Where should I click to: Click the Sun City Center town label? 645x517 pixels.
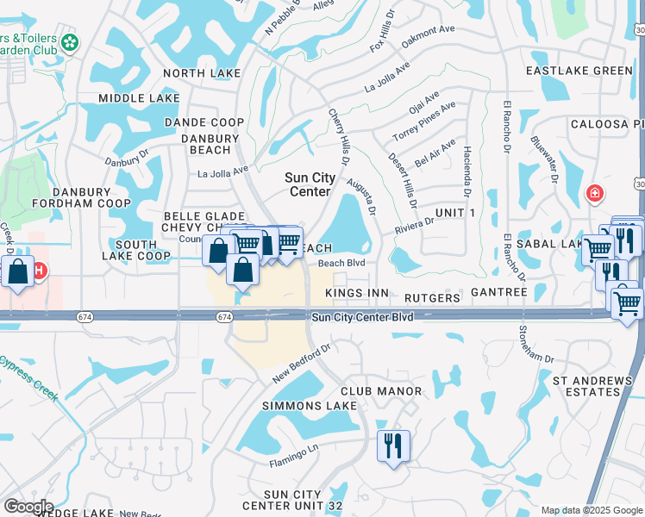[x=310, y=184]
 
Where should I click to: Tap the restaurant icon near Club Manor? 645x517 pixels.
[x=393, y=445]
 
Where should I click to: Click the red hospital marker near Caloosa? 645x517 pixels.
[x=594, y=192]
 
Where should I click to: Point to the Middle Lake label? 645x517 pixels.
[x=139, y=98]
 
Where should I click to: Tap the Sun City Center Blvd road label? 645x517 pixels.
[x=362, y=317]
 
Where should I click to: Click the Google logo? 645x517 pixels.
[x=28, y=506]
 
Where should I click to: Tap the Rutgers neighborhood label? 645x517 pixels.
[x=432, y=297]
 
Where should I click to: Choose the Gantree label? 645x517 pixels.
[x=499, y=293]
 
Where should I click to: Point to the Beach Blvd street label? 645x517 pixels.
[x=342, y=264]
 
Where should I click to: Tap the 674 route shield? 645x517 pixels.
[x=224, y=317]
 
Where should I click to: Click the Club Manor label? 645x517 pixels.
[x=381, y=391]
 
